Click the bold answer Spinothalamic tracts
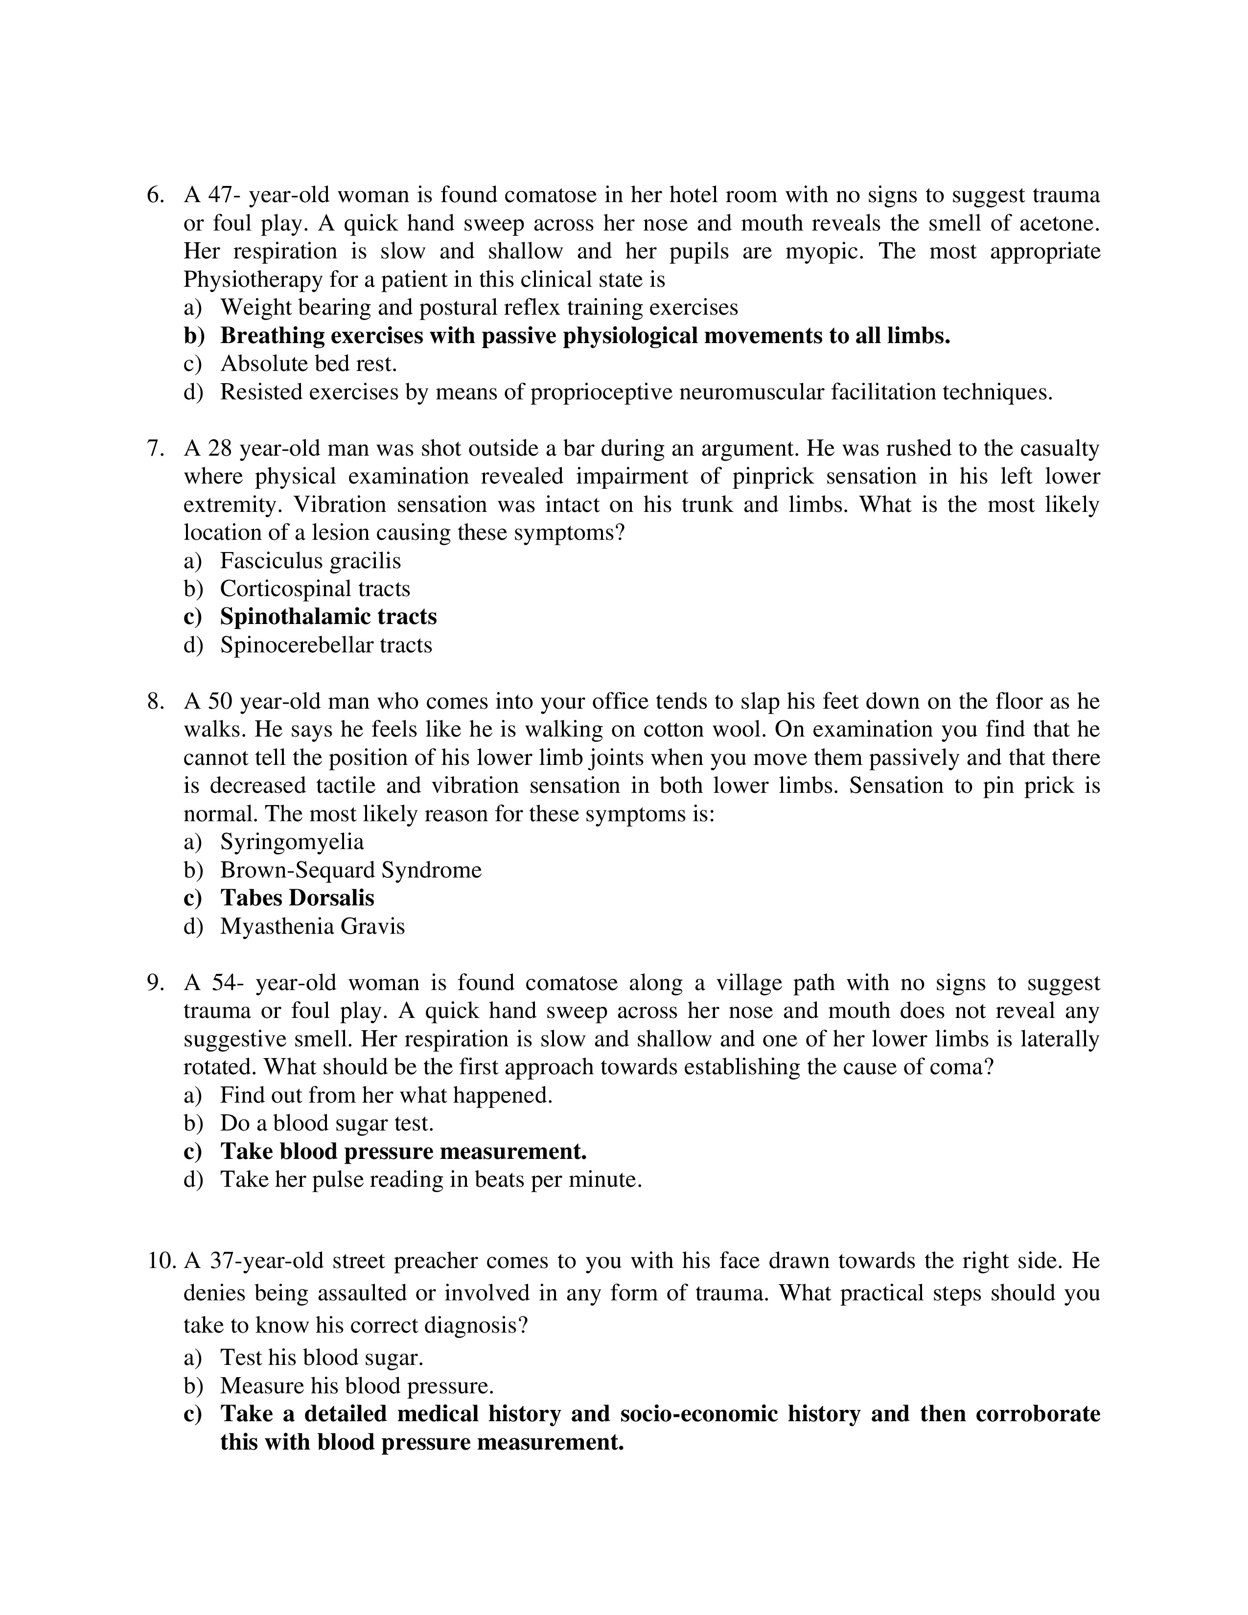coord(328,617)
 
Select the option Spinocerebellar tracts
coord(326,645)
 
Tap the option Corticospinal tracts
coord(315,589)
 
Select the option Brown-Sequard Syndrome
coord(350,870)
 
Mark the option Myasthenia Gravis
coord(312,926)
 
